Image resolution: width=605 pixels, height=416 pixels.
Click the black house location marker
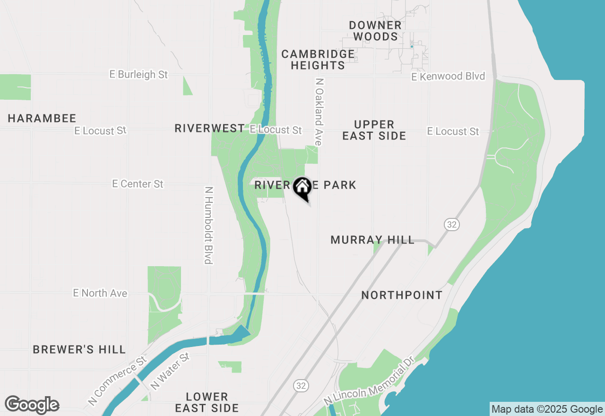[302, 188]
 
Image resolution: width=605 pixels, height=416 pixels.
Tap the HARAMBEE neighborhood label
[42, 119]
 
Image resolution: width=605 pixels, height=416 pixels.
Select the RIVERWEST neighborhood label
[209, 129]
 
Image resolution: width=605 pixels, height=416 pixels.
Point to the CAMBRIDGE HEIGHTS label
[318, 60]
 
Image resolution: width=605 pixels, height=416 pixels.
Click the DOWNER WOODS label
[375, 31]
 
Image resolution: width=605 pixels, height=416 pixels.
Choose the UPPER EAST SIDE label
[374, 130]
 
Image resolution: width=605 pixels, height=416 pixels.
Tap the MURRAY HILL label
[372, 240]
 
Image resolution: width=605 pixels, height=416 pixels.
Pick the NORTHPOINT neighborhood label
[402, 295]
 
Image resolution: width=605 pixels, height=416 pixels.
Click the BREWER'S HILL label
[79, 350]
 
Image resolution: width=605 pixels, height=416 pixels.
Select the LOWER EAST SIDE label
[207, 402]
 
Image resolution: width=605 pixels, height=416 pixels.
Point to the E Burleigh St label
[138, 75]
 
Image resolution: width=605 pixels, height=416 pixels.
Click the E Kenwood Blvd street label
[448, 77]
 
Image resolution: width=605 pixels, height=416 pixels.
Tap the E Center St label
[138, 184]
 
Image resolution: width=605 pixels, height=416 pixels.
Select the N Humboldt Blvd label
[207, 225]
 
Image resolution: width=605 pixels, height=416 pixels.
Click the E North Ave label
[100, 294]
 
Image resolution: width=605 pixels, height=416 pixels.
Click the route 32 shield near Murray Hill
[452, 225]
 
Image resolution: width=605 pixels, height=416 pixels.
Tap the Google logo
[32, 405]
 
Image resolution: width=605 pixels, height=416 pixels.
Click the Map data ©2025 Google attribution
[547, 409]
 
